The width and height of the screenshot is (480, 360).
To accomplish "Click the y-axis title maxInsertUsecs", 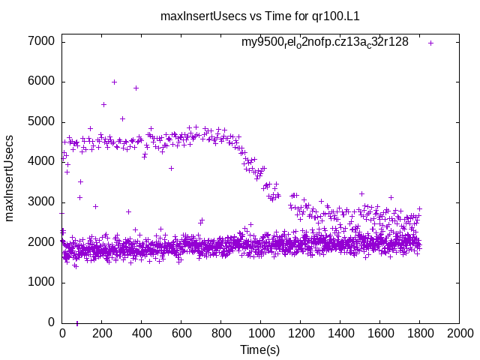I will click(10, 178).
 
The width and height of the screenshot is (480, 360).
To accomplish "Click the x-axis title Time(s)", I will click(259, 350).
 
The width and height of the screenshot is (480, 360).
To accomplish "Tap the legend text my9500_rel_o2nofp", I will click(325, 43).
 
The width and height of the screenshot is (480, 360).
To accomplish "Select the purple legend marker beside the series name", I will click(430, 43).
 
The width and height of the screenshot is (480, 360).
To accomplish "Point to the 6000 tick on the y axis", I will click(41, 82).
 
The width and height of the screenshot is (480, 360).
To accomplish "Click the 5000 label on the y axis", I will click(41, 121).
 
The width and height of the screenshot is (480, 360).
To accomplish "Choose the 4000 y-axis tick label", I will click(41, 162).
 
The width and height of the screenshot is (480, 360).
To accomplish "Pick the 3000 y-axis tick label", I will click(41, 202).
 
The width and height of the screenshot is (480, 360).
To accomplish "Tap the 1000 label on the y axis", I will click(41, 283).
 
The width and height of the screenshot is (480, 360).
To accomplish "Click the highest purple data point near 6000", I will click(114, 82).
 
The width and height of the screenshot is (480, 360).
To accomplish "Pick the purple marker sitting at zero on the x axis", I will click(77, 323).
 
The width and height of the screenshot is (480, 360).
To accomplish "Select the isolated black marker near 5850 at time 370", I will click(136, 88).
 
